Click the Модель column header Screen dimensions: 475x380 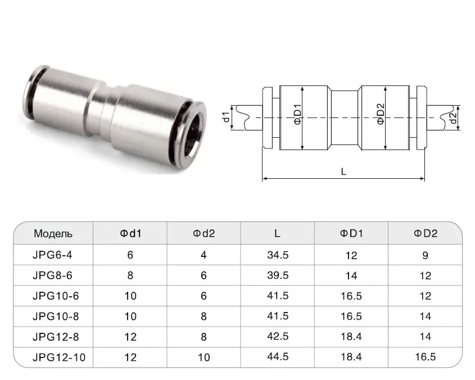click(x=53, y=234)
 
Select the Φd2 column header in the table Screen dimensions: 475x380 click(x=204, y=233)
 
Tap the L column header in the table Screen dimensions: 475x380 click(x=277, y=233)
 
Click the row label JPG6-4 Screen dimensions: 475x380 click(x=52, y=255)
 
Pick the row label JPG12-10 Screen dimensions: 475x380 click(x=59, y=358)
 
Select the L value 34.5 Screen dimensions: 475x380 click(x=278, y=255)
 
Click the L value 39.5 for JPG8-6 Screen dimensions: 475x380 click(x=278, y=275)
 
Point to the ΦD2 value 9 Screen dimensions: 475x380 click(x=426, y=255)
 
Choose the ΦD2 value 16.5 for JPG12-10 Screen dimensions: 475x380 click(x=426, y=356)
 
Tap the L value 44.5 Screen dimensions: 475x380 click(x=278, y=356)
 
